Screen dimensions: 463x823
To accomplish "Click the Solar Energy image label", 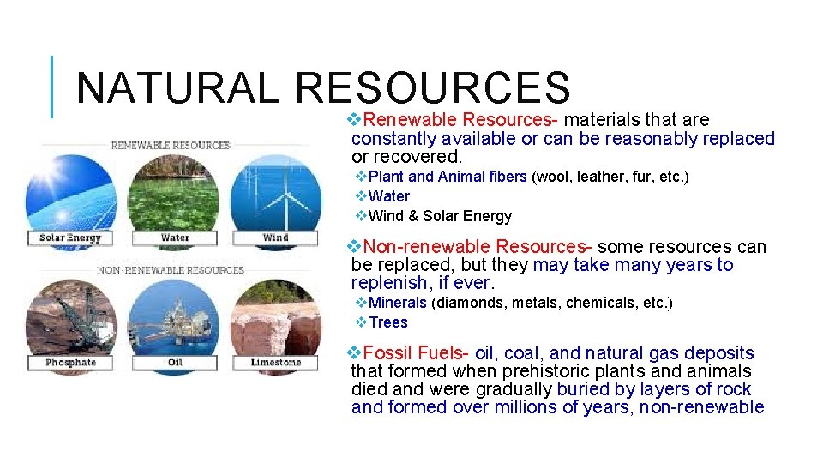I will click(70, 238).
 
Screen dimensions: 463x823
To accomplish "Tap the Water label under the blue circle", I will click(175, 238).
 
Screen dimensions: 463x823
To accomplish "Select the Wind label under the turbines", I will click(276, 238).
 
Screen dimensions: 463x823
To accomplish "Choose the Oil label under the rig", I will click(175, 363).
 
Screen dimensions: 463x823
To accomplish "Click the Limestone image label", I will click(276, 363).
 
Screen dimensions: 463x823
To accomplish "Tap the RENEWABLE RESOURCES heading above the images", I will click(171, 145).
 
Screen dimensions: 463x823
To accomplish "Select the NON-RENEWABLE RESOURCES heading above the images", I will click(171, 270).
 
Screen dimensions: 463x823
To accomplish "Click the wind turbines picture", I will click(276, 193).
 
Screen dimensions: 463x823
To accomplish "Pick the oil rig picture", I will click(175, 317).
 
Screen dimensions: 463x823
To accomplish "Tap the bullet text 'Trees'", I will click(388, 322).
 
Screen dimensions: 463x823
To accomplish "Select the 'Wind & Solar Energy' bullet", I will click(440, 216).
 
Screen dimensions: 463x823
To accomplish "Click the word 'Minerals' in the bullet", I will click(397, 303).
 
